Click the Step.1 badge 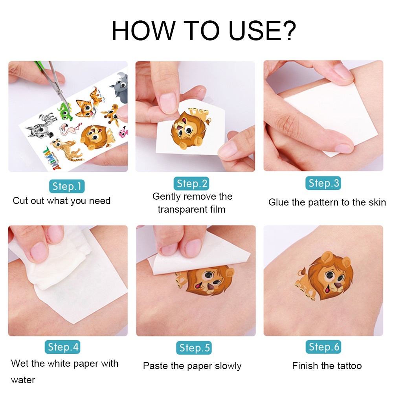(x=67, y=186)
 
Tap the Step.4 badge (x=63, y=347)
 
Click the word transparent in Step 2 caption (x=180, y=209)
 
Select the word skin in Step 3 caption (x=376, y=202)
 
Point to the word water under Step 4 (x=23, y=380)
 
